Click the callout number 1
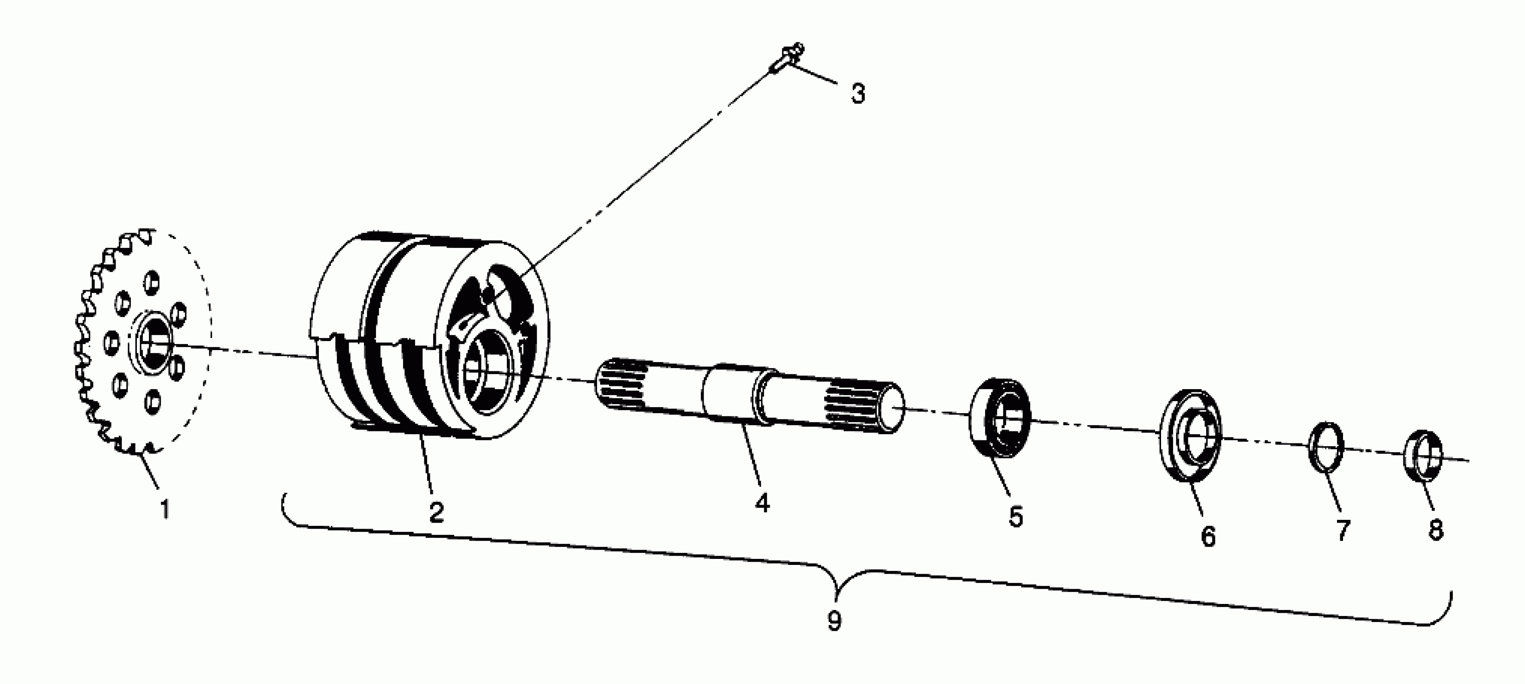pyautogui.click(x=165, y=509)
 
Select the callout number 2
pyautogui.click(x=437, y=513)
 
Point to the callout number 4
pyautogui.click(x=762, y=503)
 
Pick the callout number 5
pyautogui.click(x=1016, y=517)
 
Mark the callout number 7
pyautogui.click(x=1343, y=530)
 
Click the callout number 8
pyautogui.click(x=1436, y=529)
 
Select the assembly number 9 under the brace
pyautogui.click(x=834, y=621)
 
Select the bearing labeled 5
pyautogui.click(x=1000, y=418)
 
